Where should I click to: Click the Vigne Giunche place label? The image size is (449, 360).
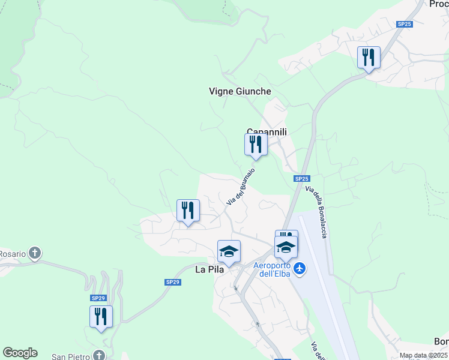240,91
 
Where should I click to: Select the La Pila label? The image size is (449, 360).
209,269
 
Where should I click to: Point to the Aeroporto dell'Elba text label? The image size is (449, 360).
272,269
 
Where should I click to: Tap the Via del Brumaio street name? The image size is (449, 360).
241,187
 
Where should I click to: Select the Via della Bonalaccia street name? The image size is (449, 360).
316,212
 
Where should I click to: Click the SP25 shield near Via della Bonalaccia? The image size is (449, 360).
302,179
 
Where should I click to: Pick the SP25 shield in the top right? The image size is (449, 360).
404,24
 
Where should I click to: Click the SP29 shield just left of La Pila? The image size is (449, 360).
172,282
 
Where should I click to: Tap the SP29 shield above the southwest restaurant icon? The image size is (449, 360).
98,298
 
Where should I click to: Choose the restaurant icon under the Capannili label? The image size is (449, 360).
256,145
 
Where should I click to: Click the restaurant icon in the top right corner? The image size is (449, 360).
369,58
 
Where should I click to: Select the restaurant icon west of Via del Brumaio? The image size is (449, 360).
188,211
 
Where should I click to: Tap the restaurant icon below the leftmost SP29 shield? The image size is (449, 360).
101,316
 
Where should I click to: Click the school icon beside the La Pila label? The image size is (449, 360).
229,251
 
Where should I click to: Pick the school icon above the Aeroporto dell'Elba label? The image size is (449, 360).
286,246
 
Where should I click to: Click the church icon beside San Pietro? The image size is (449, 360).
98,356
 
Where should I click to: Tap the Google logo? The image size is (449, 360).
20,353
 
